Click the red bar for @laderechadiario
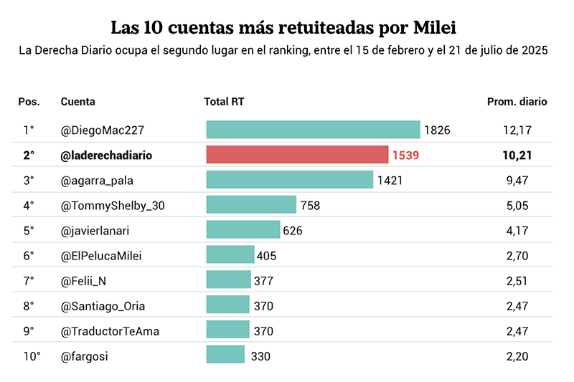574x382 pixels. tap(297, 155)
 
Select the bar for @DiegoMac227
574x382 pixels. tap(314, 130)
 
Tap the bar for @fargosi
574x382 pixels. tap(225, 354)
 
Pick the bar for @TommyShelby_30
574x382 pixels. tap(251, 204)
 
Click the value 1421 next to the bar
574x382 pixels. tap(390, 181)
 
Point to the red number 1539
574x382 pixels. tap(405, 156)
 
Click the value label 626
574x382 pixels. tap(293, 231)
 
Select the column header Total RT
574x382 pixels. tap(224, 102)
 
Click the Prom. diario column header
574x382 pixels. tap(517, 102)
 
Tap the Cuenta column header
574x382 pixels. tap(78, 102)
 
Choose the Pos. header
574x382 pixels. tap(29, 102)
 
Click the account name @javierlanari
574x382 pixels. tap(95, 231)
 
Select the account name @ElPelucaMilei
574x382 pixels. tap(101, 256)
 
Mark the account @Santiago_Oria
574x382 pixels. tap(103, 306)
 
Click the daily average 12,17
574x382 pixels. tap(517, 130)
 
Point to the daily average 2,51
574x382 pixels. tap(517, 281)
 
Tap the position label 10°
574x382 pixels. tap(32, 356)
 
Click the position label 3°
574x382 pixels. tap(29, 181)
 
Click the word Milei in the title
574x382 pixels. tap(435, 28)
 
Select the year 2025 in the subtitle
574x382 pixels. tap(535, 50)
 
